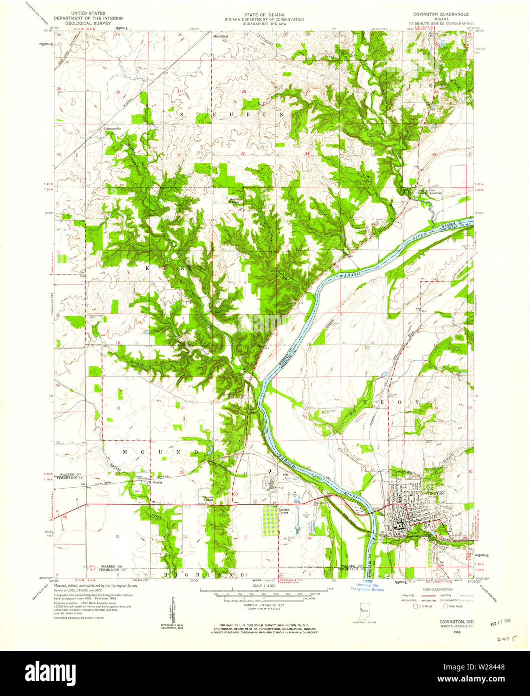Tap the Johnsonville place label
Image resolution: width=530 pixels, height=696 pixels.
pyautogui.click(x=113, y=130)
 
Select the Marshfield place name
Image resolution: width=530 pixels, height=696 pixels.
pyautogui.click(x=220, y=36)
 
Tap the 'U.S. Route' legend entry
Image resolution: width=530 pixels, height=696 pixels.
pyautogui.click(x=423, y=606)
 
